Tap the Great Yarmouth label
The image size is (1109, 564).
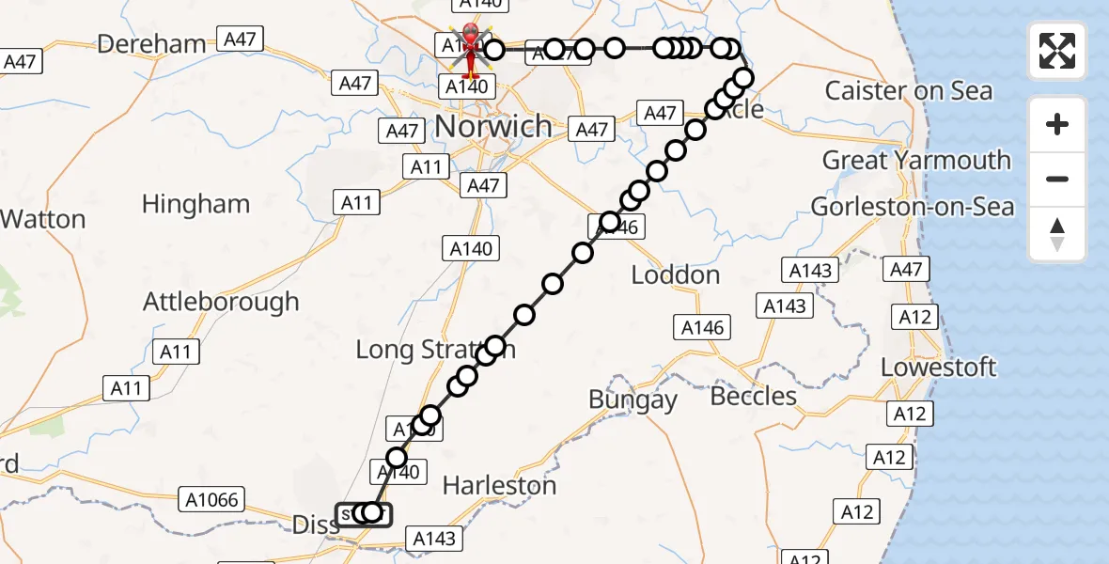(916, 160)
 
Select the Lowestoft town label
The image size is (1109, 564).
(938, 367)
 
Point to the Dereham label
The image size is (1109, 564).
(151, 43)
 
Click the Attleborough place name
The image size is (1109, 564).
(221, 302)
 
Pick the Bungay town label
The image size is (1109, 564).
(633, 399)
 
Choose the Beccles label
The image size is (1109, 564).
(754, 396)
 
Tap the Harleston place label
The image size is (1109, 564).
(499, 486)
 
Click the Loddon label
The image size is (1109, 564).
(675, 275)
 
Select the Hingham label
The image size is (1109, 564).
(195, 204)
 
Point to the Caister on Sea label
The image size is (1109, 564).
(908, 91)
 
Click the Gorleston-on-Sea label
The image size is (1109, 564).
(913, 207)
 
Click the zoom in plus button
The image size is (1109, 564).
(1057, 124)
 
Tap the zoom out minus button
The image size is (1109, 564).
(1057, 179)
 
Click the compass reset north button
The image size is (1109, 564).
(1057, 234)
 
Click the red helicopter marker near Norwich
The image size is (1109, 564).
(469, 49)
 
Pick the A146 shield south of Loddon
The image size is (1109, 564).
(702, 327)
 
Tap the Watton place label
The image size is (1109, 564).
(42, 220)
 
